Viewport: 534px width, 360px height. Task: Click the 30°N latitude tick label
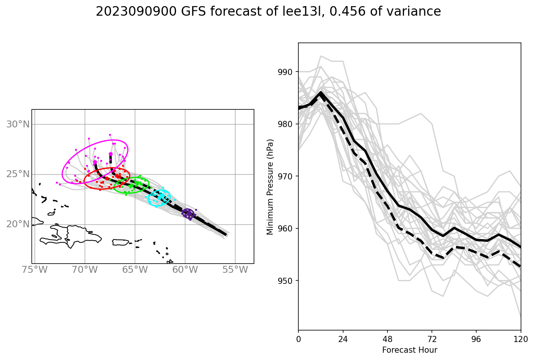[x=18, y=124]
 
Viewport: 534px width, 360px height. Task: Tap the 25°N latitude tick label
[x=18, y=174]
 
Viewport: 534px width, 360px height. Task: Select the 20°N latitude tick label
[x=18, y=224]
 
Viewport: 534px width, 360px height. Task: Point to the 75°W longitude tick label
[x=35, y=270]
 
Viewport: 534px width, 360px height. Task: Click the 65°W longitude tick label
[x=135, y=270]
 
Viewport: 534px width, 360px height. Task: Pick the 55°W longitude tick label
[x=235, y=270]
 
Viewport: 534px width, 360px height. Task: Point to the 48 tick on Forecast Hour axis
[x=387, y=339]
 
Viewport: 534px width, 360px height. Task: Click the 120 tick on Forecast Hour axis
[x=521, y=339]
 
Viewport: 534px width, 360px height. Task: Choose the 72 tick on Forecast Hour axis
[x=432, y=339]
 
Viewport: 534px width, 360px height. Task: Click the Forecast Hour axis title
[x=409, y=350]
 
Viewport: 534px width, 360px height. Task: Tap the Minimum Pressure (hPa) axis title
[x=270, y=187]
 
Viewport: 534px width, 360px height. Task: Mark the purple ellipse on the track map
[x=188, y=214]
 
